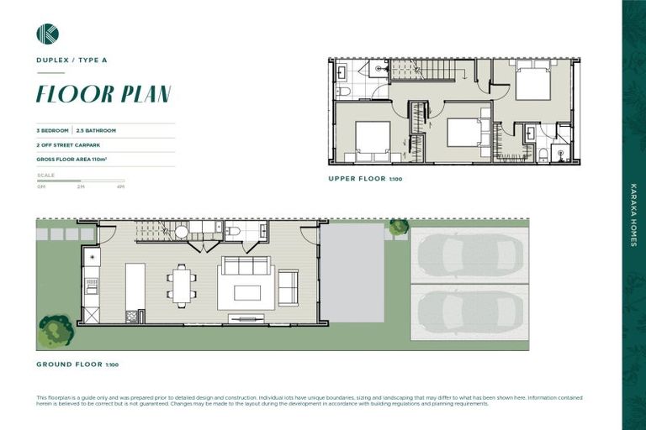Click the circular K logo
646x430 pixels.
(47, 34)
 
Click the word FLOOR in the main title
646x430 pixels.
(70, 94)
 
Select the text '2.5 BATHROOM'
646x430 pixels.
(96, 131)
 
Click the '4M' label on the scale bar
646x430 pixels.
(121, 187)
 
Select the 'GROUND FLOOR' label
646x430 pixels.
(68, 364)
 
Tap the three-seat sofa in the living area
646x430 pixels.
(246, 266)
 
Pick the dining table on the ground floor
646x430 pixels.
(182, 284)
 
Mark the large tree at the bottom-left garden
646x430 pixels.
(56, 329)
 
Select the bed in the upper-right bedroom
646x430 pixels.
(532, 82)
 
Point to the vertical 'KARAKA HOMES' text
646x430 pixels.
(633, 215)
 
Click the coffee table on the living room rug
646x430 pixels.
(247, 292)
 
